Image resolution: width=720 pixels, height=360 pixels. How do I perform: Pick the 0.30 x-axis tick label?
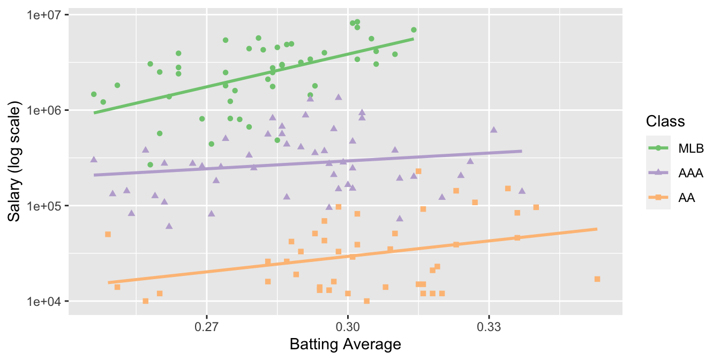[348, 326]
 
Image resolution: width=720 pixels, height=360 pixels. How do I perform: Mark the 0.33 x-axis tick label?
[489, 326]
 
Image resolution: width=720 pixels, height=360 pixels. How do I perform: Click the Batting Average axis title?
[346, 344]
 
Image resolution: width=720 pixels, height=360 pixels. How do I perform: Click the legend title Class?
[665, 121]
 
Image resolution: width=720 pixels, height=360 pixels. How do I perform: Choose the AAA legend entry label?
[691, 173]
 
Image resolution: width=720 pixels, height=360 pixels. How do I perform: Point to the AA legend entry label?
[687, 198]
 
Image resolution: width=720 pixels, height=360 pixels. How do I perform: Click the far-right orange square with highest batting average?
[597, 279]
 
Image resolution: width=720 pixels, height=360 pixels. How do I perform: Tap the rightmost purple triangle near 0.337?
[522, 191]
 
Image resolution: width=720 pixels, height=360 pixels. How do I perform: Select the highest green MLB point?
[357, 22]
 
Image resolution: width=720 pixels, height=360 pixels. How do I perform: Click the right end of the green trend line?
[413, 39]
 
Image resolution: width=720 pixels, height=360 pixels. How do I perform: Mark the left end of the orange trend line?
[108, 282]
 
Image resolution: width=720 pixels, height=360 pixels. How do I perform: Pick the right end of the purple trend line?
[522, 151]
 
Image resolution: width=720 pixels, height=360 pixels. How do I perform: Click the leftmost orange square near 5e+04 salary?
[108, 234]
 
